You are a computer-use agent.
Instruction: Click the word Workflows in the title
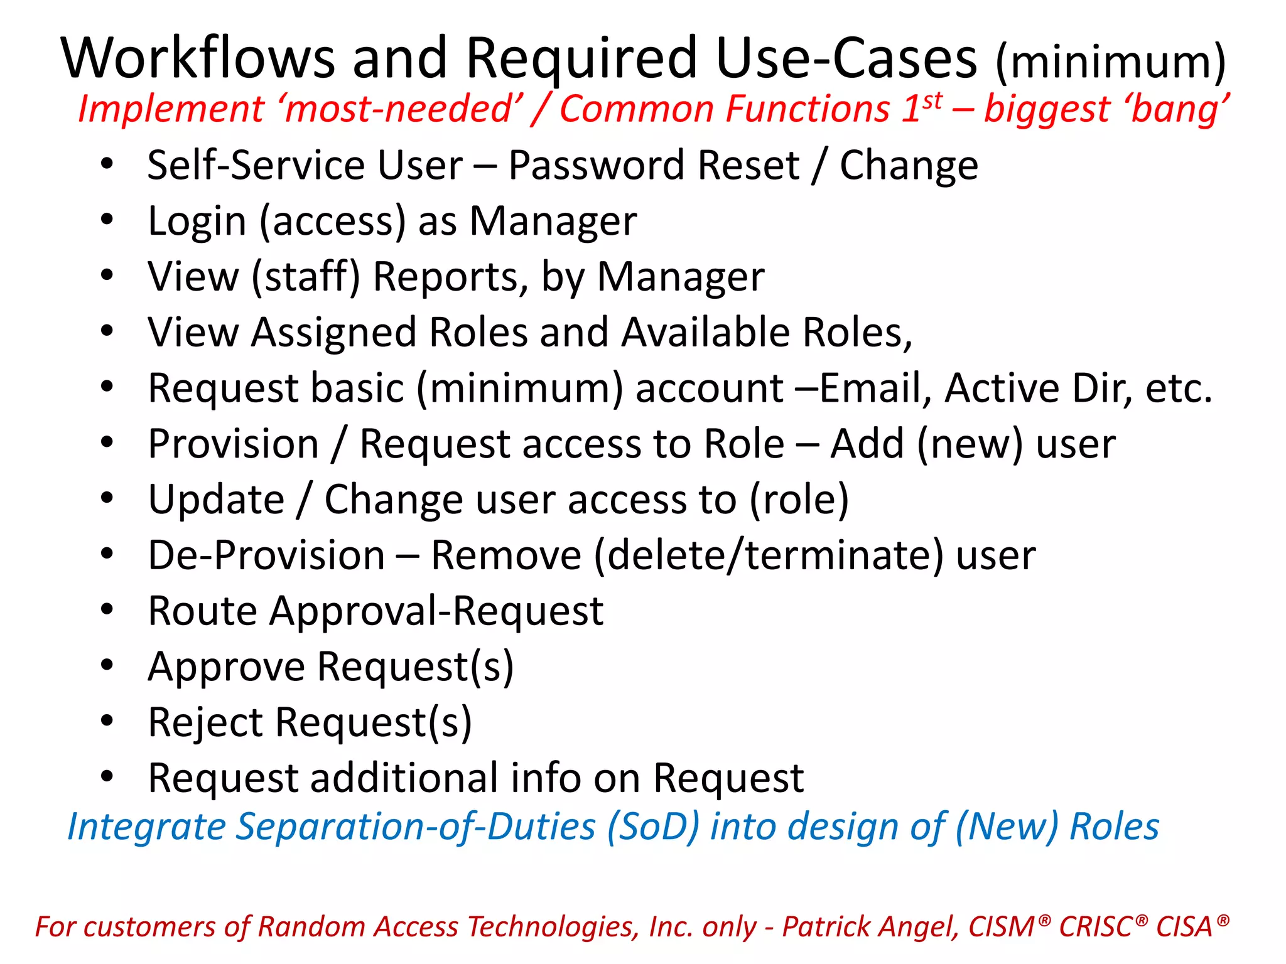pos(198,58)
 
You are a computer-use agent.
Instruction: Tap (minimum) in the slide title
pos(1110,62)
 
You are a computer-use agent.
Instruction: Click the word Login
pos(197,222)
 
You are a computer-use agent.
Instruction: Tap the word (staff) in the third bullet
pos(306,277)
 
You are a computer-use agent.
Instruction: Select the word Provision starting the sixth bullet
pos(234,444)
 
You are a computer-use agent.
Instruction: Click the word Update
pos(216,500)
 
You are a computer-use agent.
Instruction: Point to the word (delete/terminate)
pos(769,556)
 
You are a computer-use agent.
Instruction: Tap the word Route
pos(203,611)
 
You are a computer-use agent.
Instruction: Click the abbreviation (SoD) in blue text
pos(652,827)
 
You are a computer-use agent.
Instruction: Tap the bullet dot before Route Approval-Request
pos(107,609)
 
